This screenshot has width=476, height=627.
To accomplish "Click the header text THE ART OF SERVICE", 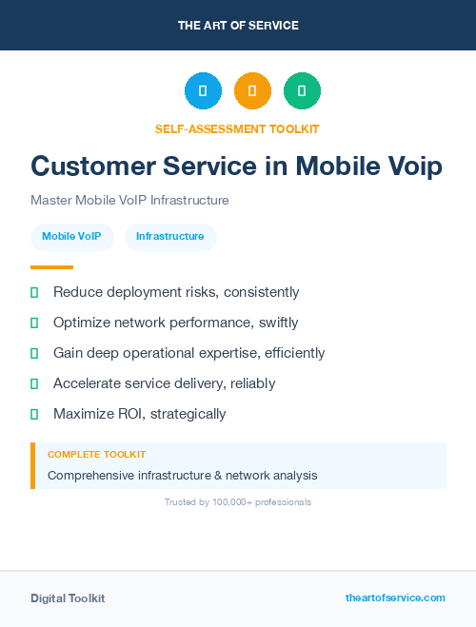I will [x=238, y=26].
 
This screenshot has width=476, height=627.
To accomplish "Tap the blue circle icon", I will [x=203, y=91].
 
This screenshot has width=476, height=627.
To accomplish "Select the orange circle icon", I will [x=252, y=91].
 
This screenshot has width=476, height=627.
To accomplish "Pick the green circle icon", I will [x=302, y=91].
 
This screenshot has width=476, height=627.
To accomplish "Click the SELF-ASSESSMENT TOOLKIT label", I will [x=237, y=128].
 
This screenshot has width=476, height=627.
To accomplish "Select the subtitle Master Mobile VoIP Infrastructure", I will [x=129, y=201].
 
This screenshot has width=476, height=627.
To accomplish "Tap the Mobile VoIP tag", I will [x=71, y=236].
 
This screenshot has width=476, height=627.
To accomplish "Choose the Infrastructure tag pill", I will [x=170, y=236].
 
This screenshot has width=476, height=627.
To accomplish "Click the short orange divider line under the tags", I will [x=51, y=267].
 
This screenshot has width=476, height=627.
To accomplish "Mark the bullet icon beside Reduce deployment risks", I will [x=34, y=292].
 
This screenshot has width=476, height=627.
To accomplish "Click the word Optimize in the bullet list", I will [x=82, y=323].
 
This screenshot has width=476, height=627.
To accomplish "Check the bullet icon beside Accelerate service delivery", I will [x=34, y=383].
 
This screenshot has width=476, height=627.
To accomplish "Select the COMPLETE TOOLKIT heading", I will [x=96, y=455].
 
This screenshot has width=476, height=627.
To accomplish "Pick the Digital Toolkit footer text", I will [x=68, y=598].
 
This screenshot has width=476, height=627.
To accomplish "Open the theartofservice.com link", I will [x=395, y=598].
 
